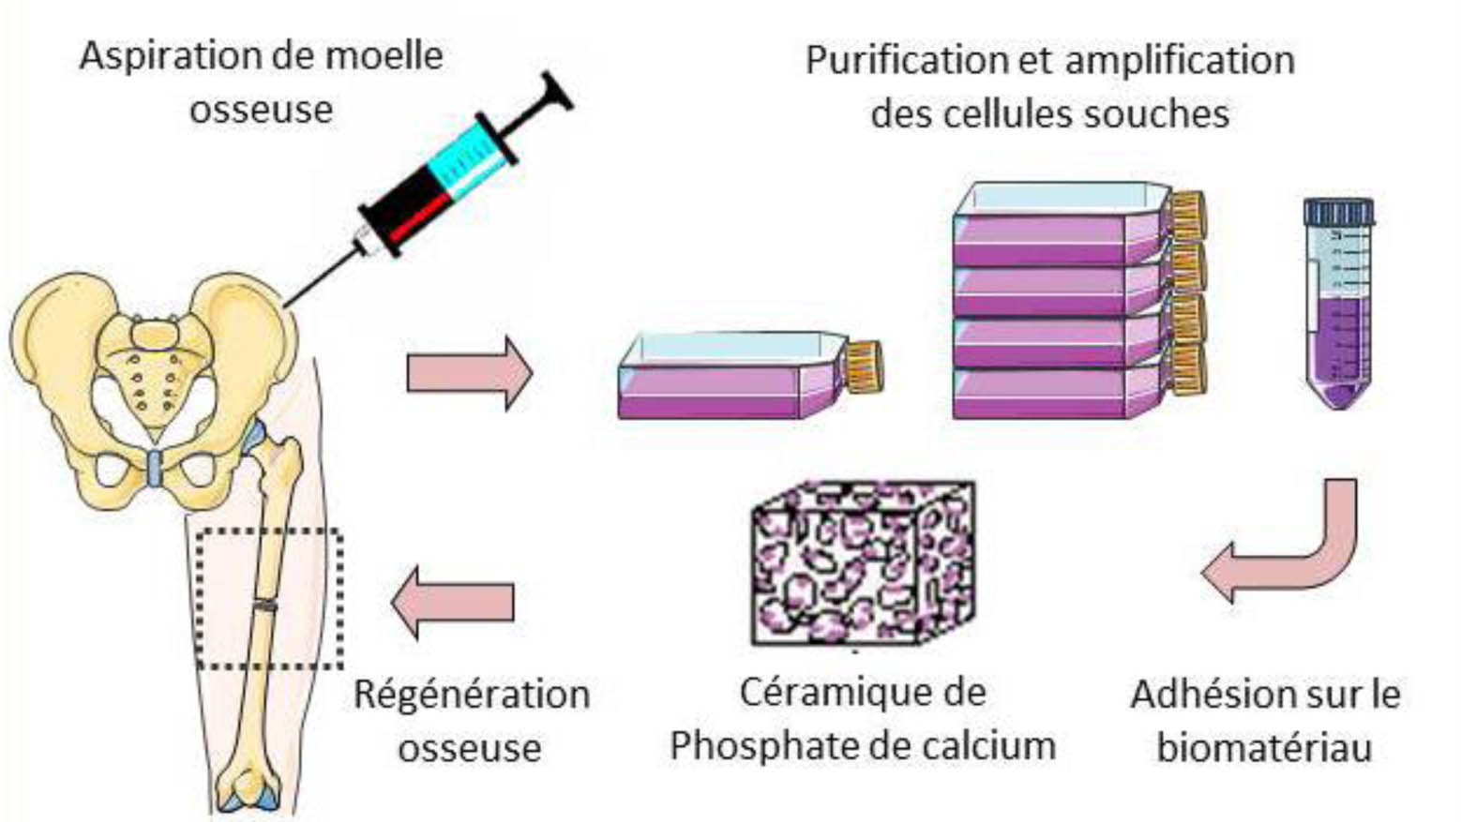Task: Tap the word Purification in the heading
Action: pyautogui.click(x=908, y=61)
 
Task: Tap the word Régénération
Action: pyautogui.click(x=472, y=695)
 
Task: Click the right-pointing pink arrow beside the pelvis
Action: pyautogui.click(x=469, y=373)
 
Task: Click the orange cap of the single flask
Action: pyautogui.click(x=865, y=366)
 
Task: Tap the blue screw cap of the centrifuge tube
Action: pyautogui.click(x=1338, y=212)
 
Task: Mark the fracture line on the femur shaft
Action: pyautogui.click(x=266, y=605)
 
